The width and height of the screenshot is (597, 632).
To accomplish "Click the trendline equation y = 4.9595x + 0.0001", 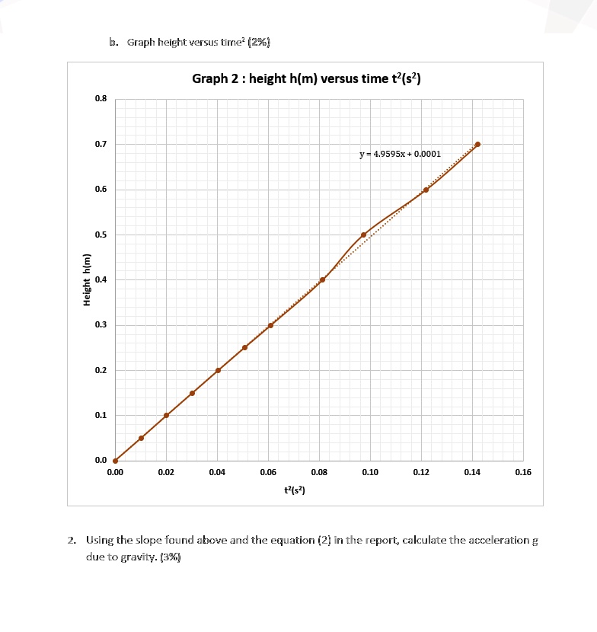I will pyautogui.click(x=400, y=154).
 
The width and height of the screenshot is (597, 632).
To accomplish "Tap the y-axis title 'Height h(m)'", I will pyautogui.click(x=87, y=279).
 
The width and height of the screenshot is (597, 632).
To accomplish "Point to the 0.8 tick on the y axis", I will pyautogui.click(x=101, y=99).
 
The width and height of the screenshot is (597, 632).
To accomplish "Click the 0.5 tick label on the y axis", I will pyautogui.click(x=101, y=235).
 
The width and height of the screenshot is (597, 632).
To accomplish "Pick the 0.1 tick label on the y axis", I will pyautogui.click(x=101, y=416).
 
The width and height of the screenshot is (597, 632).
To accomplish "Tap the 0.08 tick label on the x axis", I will pyautogui.click(x=319, y=473).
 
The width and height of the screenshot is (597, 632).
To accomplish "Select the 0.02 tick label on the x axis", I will pyautogui.click(x=166, y=473).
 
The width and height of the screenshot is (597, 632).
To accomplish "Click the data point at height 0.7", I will pyautogui.click(x=477, y=144).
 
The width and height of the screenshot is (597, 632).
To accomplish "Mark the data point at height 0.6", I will pyautogui.click(x=426, y=190).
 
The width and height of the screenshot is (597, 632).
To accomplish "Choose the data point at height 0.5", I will pyautogui.click(x=363, y=235).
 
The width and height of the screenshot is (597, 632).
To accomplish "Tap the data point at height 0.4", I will pyautogui.click(x=322, y=279).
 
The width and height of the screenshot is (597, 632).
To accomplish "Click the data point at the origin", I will pyautogui.click(x=115, y=461).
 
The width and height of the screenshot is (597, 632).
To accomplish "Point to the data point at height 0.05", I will pyautogui.click(x=141, y=438).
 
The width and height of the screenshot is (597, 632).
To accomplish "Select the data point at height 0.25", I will pyautogui.click(x=244, y=347).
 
